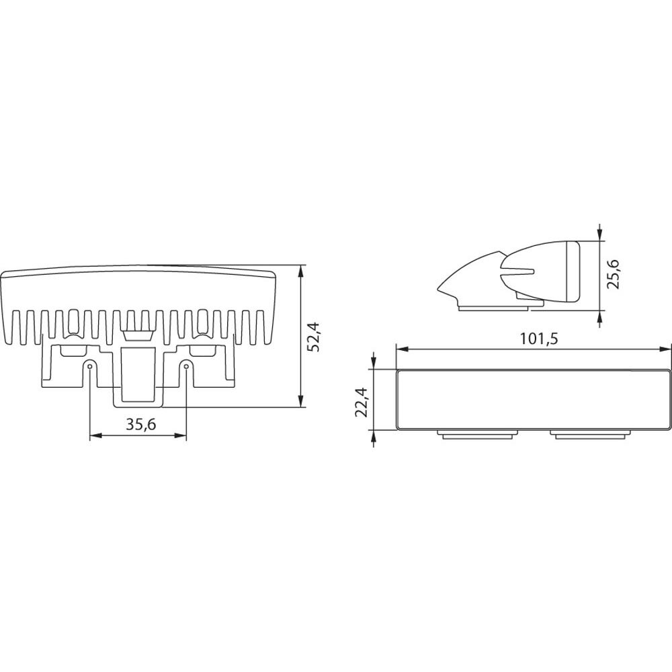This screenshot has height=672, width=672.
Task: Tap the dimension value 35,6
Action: [x=138, y=424]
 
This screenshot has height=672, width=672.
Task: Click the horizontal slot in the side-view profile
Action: [x=519, y=272]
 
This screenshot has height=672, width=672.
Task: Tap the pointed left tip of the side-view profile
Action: [x=439, y=290]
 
